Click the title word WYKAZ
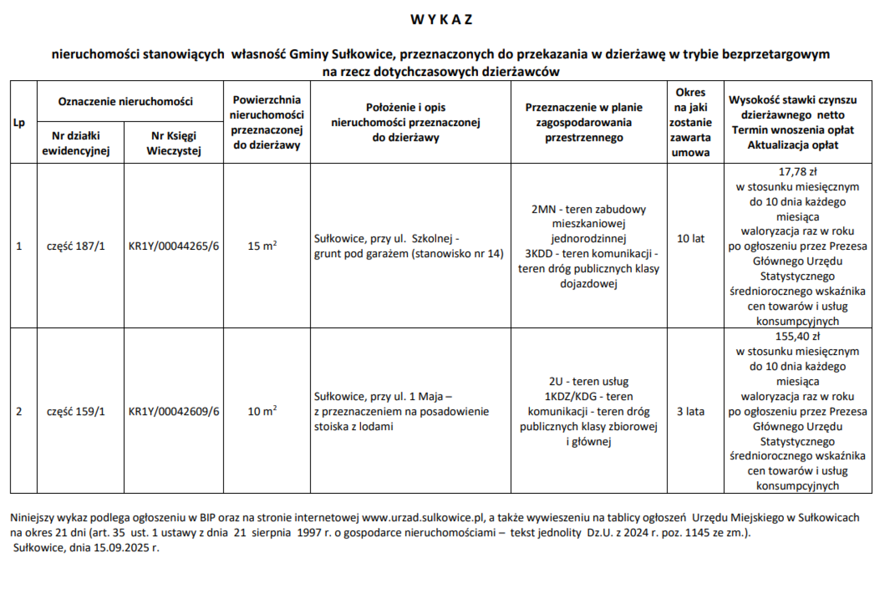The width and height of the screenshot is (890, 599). (x=441, y=19)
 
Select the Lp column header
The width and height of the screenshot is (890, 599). (x=19, y=123)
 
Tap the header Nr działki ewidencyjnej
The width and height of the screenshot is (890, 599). (x=76, y=143)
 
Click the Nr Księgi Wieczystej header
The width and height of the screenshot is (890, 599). (x=174, y=143)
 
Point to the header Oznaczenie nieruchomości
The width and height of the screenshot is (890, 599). (x=125, y=102)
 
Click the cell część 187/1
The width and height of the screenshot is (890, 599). (x=76, y=246)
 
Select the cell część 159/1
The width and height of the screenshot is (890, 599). (x=76, y=412)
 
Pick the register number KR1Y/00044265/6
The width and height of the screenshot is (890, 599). (x=174, y=246)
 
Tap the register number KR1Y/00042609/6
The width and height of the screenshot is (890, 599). (x=174, y=412)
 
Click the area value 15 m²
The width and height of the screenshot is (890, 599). (x=262, y=246)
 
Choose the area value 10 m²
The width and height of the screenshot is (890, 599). (x=262, y=411)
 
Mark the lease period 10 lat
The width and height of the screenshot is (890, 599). (x=690, y=239)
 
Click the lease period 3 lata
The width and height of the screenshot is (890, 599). (x=690, y=412)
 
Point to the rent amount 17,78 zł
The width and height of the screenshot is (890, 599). (x=797, y=172)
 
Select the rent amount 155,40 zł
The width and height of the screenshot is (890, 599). (x=797, y=337)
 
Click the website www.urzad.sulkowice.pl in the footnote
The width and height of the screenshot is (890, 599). (x=423, y=518)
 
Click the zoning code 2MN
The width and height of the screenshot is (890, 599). (x=543, y=210)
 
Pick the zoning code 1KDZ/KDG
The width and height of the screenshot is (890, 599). (x=571, y=397)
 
